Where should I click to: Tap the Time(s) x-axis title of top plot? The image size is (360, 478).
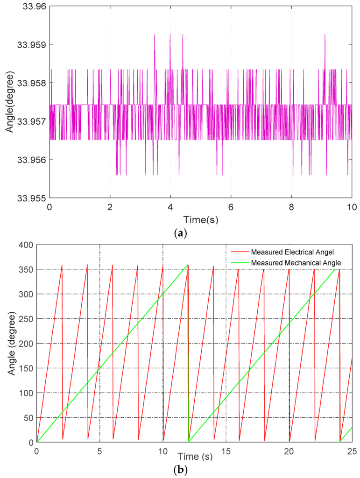click(x=201, y=218)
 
